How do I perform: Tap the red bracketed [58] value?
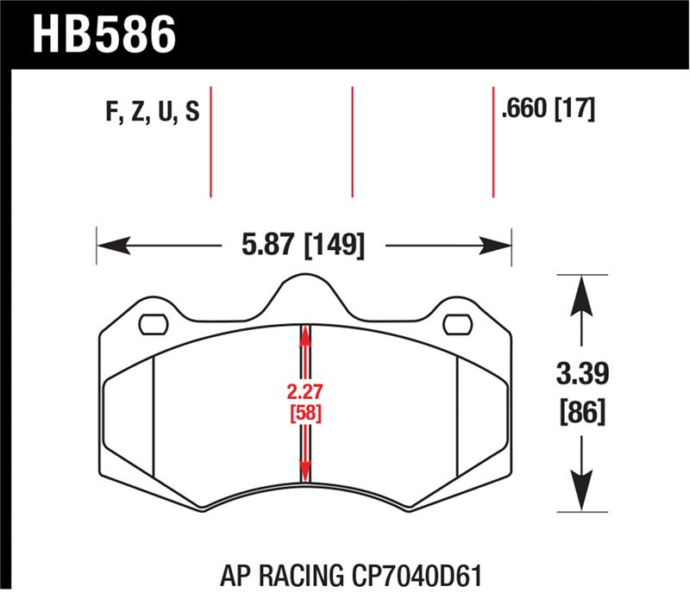point(304,413)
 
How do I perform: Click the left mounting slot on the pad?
point(154,325)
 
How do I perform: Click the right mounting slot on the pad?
point(456,325)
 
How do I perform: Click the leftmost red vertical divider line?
point(210,142)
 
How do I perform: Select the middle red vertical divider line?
point(352,142)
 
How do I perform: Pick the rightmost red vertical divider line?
point(492,142)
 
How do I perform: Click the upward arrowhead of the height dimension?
point(584,289)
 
